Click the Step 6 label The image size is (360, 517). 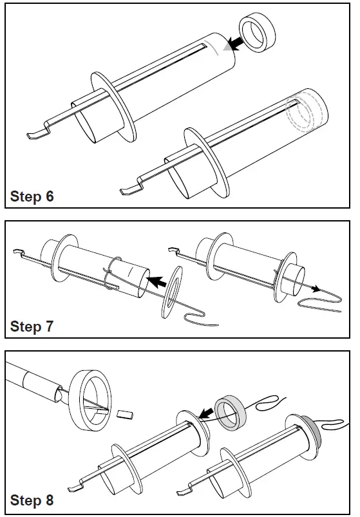32,196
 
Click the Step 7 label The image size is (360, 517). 32,326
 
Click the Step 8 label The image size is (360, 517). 32,500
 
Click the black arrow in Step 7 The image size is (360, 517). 157,281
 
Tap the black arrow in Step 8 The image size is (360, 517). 206,413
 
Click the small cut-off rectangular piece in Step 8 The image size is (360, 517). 126,414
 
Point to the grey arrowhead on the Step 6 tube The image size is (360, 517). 227,48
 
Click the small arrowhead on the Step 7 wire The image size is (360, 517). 316,289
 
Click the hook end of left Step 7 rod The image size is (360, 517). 18,251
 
